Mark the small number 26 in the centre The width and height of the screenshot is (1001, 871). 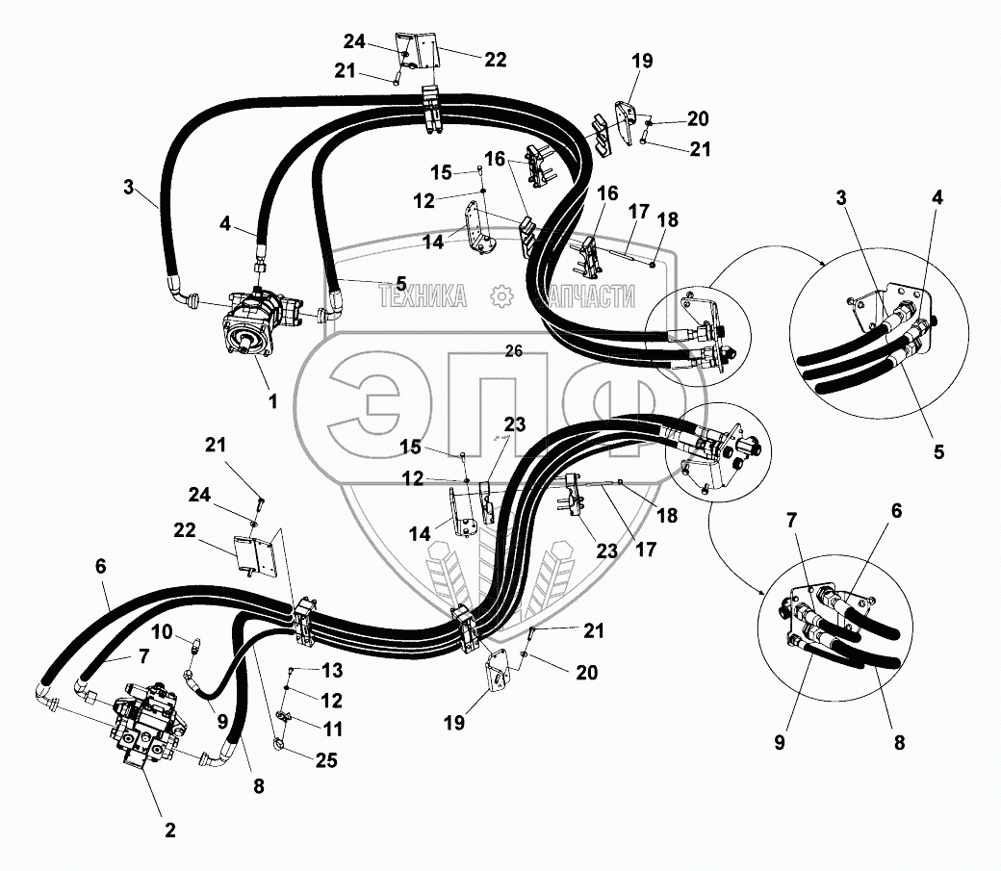pyautogui.click(x=514, y=352)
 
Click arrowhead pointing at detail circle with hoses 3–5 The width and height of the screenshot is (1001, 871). pyautogui.click(x=822, y=263)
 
